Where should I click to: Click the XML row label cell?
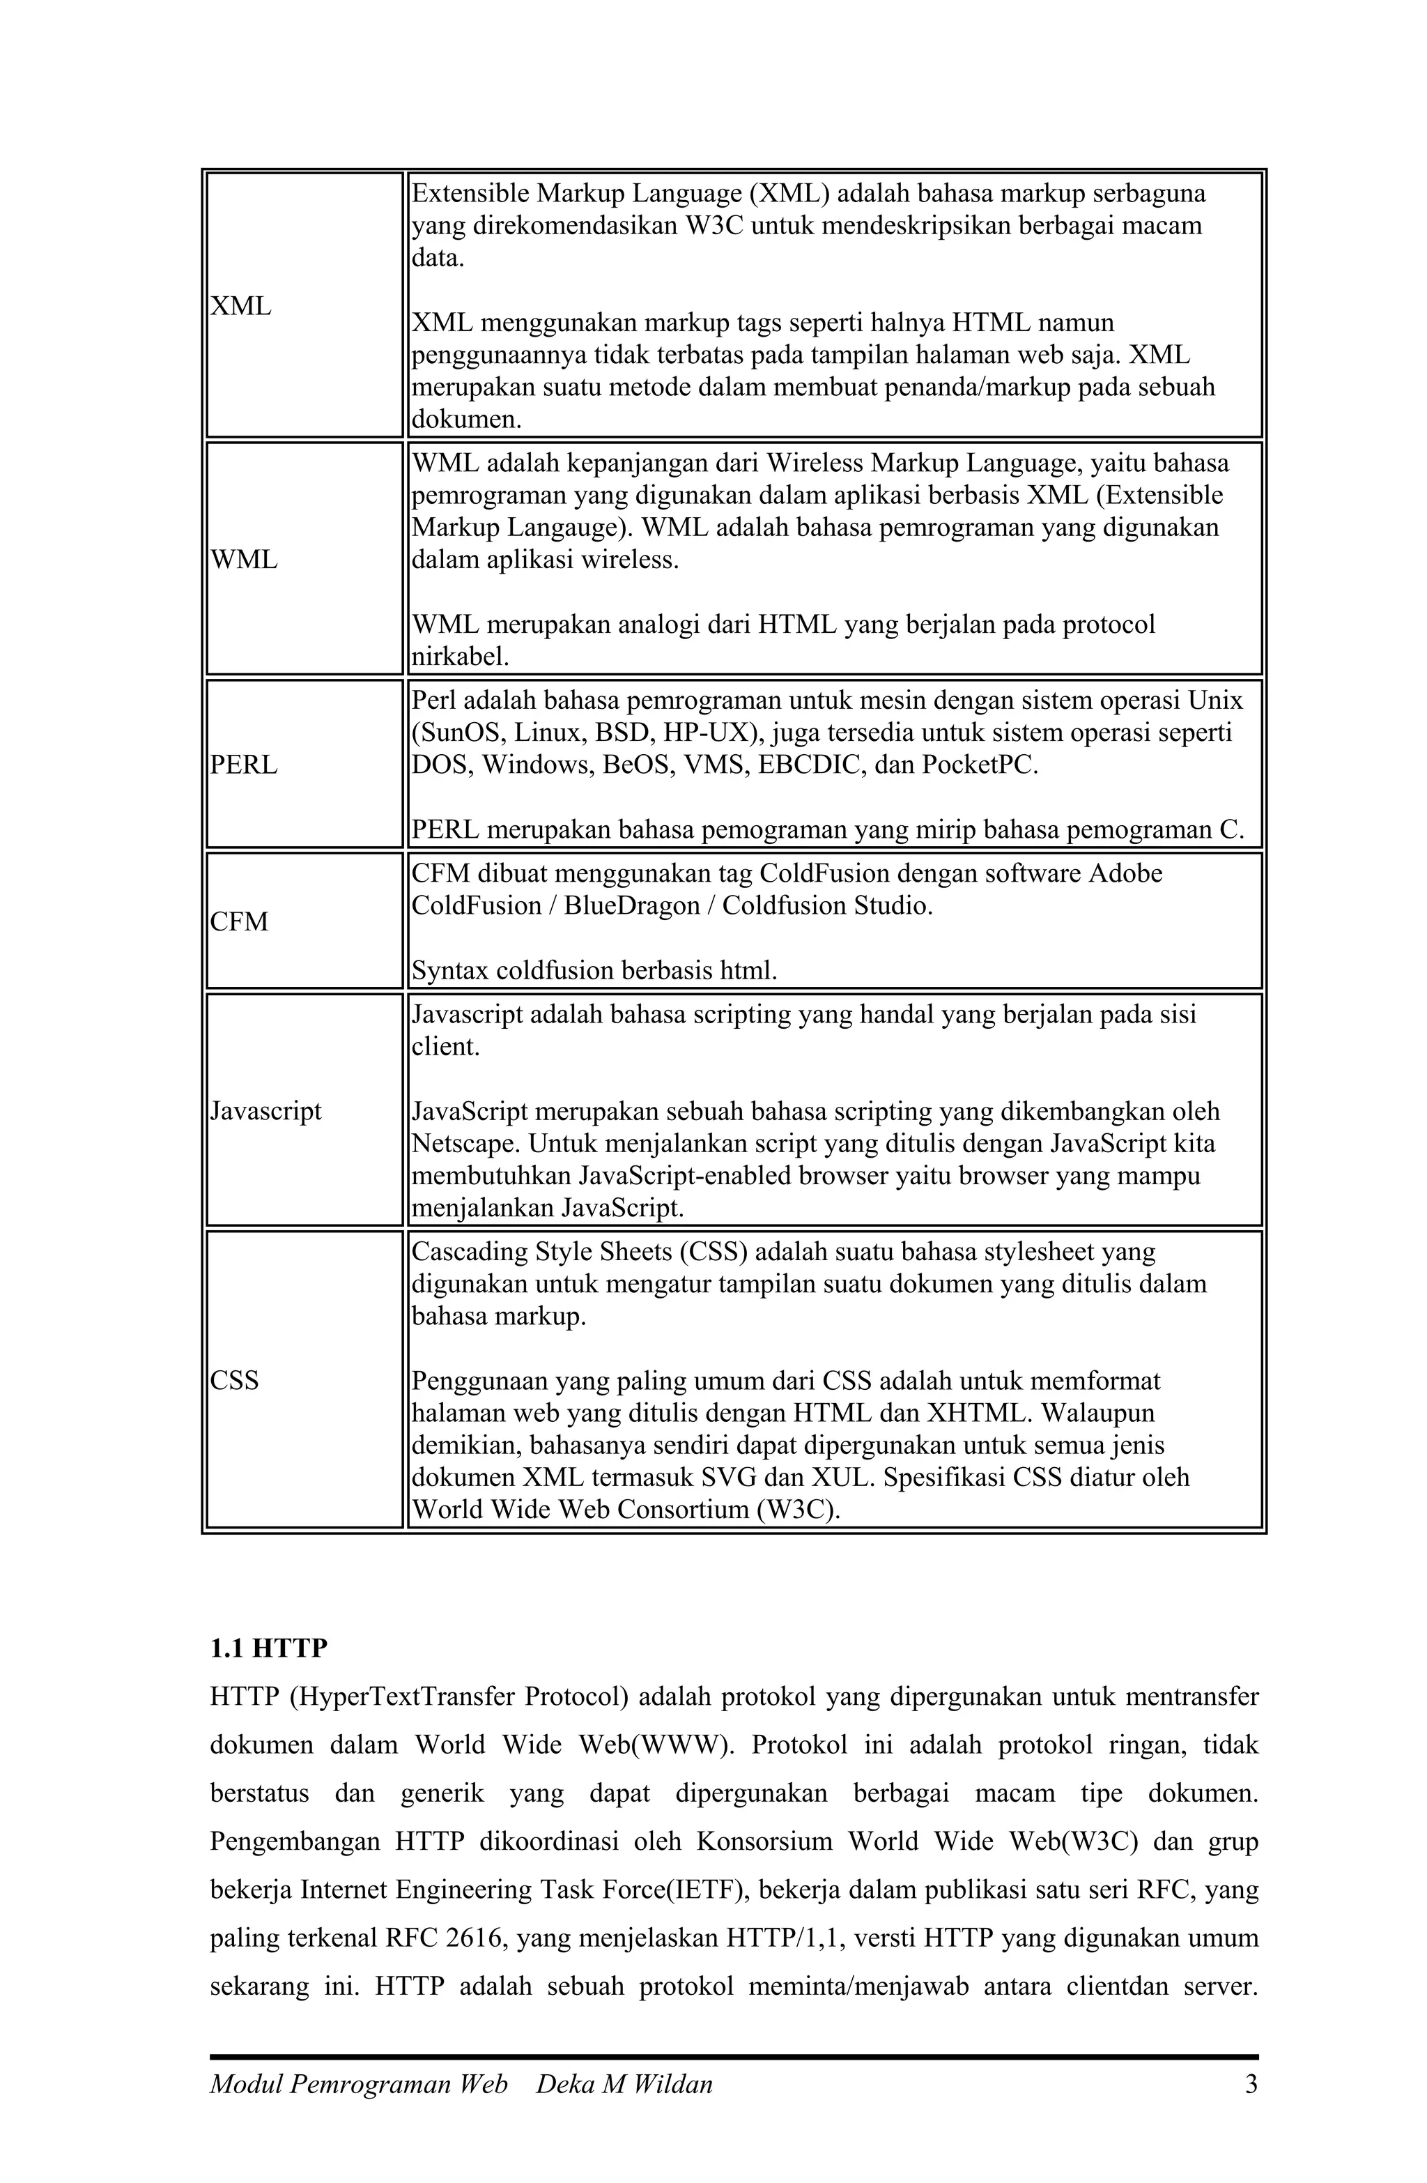[x=241, y=307]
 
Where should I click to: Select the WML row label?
[x=244, y=560]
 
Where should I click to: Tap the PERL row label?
[x=244, y=765]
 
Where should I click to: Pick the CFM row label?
[x=240, y=922]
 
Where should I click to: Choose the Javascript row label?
[x=266, y=1111]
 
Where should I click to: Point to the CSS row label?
[x=235, y=1381]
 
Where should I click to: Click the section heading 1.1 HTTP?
[x=269, y=1648]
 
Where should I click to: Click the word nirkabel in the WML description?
[x=458, y=657]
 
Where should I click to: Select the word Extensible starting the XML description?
[x=470, y=194]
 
